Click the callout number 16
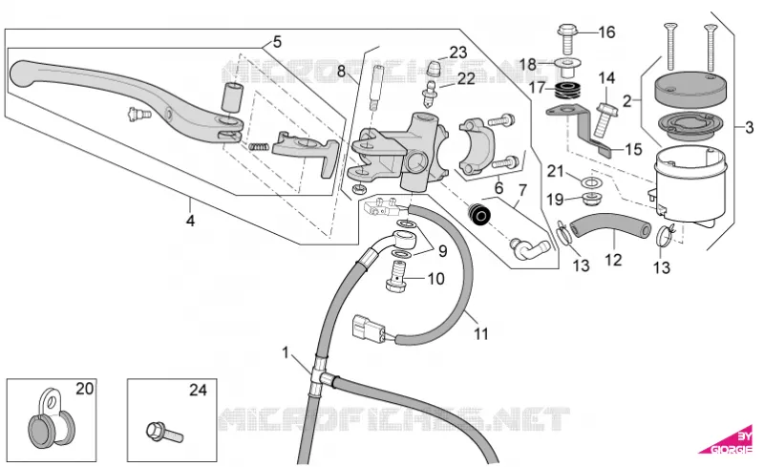click(x=606, y=32)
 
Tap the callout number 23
click(x=458, y=53)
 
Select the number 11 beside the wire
click(x=481, y=334)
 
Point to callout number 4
click(x=190, y=221)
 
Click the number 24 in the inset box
click(x=198, y=390)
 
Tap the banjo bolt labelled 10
click(x=396, y=276)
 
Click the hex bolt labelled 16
click(x=567, y=38)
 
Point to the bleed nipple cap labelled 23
click(x=434, y=69)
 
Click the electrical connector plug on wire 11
click(x=369, y=327)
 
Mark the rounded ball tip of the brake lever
click(x=22, y=74)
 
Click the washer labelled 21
click(x=591, y=182)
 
